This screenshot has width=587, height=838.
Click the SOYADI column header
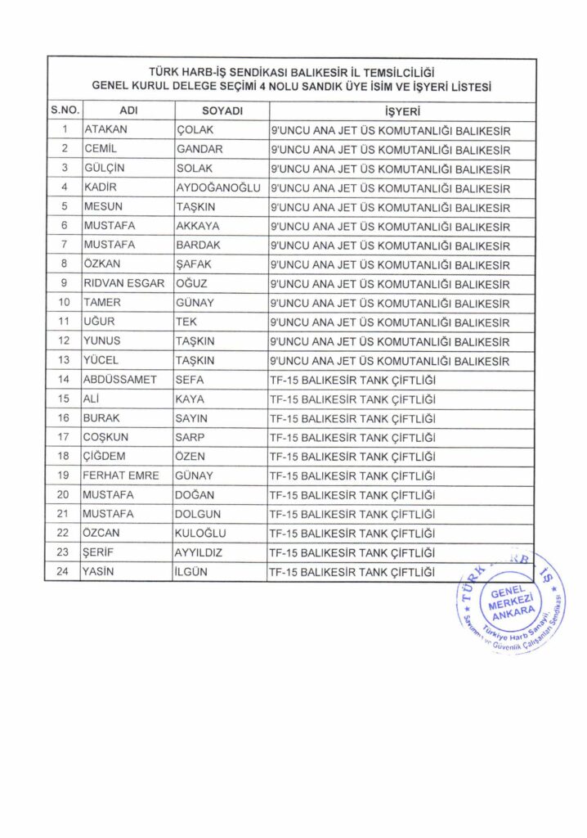[x=222, y=111]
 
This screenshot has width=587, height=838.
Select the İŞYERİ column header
[x=401, y=111]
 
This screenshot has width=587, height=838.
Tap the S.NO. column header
[x=63, y=111]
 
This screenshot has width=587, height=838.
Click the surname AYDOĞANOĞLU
[x=217, y=188]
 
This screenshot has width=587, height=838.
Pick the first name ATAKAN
[x=105, y=130]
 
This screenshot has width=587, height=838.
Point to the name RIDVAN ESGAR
[x=124, y=284]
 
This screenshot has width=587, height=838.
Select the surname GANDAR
[x=199, y=150]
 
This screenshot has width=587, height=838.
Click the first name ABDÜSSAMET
[x=119, y=380]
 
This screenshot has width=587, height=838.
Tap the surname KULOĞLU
[x=201, y=533]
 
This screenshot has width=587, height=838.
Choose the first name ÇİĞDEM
[x=105, y=456]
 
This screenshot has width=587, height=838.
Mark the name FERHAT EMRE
[x=121, y=475]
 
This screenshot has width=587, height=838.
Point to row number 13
[x=63, y=361]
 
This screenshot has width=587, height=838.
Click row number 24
[x=63, y=571]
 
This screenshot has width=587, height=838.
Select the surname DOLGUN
[x=199, y=514]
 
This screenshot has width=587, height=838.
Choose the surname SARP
[x=191, y=437]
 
